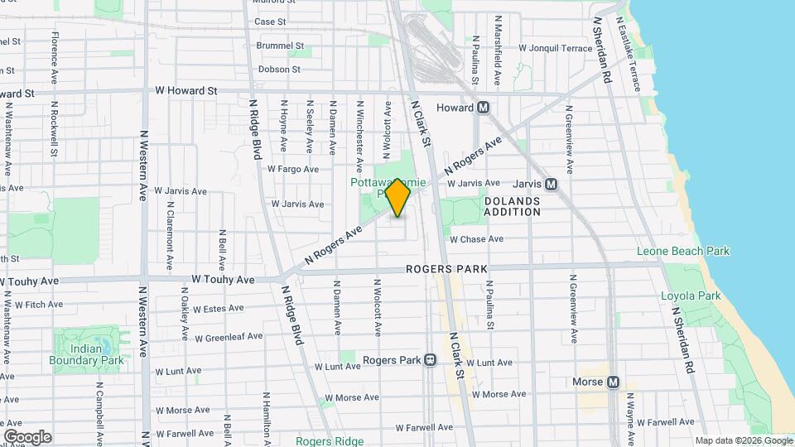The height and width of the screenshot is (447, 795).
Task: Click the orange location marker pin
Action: [x=398, y=198]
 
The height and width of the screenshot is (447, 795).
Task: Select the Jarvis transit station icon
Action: [x=552, y=184]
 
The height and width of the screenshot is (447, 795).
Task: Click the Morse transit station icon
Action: [x=613, y=382]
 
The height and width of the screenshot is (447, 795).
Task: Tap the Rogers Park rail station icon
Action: [x=430, y=360]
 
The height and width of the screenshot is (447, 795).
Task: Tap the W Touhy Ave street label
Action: [x=223, y=280]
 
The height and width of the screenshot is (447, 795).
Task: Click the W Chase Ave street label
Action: [x=476, y=239]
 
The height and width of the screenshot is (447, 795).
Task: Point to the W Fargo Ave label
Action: [x=293, y=169]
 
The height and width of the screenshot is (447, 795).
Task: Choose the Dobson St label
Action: [x=278, y=70]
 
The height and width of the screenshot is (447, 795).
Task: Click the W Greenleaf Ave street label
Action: [x=229, y=337]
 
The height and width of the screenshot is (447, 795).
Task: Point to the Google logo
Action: [x=27, y=437]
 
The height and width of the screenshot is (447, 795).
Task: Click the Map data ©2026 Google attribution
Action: [x=743, y=440]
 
